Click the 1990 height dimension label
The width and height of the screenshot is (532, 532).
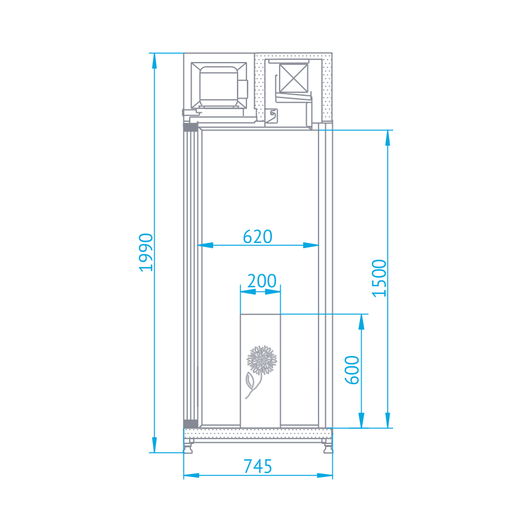coord(146,252)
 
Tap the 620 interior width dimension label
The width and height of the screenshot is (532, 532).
coord(258,236)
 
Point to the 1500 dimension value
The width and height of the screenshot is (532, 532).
coord(379,277)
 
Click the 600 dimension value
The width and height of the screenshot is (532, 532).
coord(352,370)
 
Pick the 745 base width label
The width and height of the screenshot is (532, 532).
coord(258,466)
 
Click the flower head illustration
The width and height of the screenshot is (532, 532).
coord(262,359)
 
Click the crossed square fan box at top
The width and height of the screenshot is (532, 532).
coord(294,77)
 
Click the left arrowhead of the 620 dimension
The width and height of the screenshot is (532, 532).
coord(206,244)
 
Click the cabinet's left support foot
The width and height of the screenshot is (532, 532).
coord(189,447)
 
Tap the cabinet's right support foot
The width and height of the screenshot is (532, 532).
coord(327,447)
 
